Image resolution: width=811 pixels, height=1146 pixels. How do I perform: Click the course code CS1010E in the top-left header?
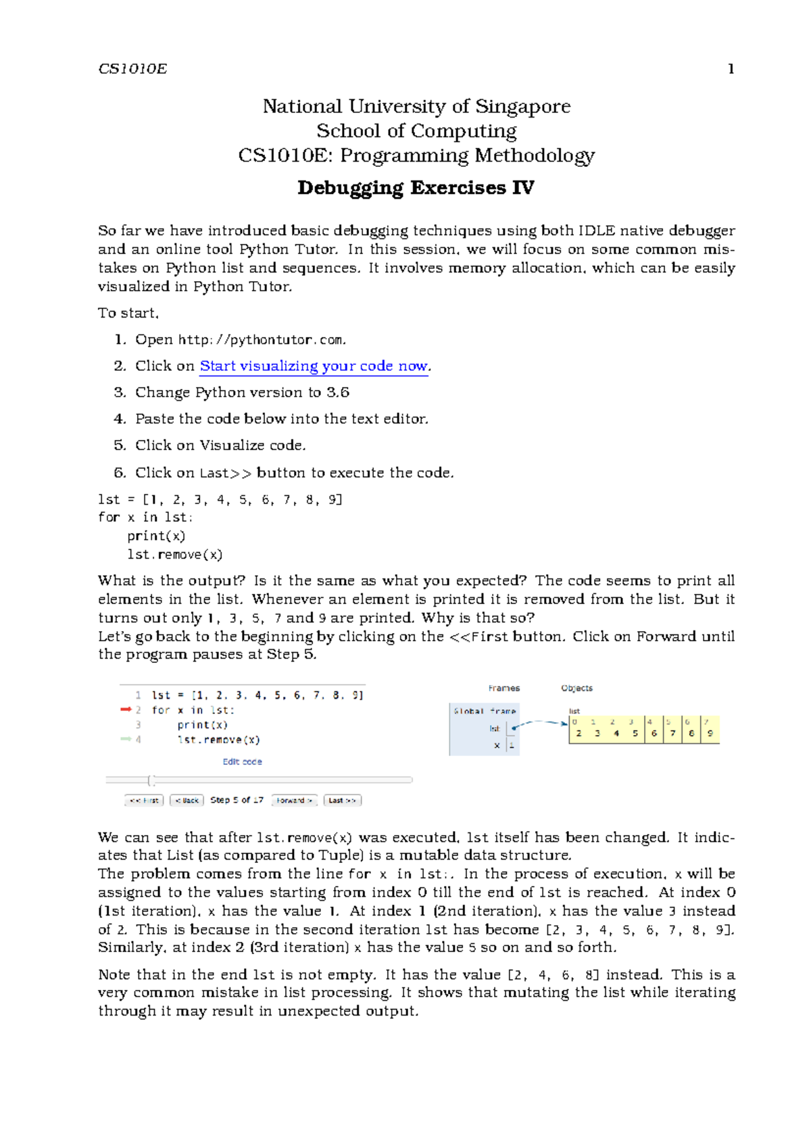(x=132, y=69)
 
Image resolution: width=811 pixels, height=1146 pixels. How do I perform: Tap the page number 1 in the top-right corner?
(x=731, y=69)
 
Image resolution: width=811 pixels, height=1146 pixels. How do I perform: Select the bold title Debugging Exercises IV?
(x=416, y=188)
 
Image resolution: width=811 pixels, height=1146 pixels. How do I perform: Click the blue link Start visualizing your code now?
(x=314, y=366)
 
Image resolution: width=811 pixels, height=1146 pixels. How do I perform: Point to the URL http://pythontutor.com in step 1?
(x=262, y=340)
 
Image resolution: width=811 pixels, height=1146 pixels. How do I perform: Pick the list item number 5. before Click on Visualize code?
(x=120, y=445)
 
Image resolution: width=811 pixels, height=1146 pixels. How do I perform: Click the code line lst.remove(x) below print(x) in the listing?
(x=174, y=555)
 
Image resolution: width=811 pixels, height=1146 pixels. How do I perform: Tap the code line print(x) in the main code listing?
(x=156, y=536)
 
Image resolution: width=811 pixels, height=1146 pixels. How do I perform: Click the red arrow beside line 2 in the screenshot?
(x=126, y=709)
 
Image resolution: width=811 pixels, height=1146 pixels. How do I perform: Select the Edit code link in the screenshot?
(x=242, y=762)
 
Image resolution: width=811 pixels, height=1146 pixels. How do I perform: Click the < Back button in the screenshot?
(x=187, y=800)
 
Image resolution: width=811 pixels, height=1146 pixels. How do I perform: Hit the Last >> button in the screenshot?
(x=342, y=800)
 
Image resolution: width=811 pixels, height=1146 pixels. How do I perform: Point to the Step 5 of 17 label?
(x=237, y=800)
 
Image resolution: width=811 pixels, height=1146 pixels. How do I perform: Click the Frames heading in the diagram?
(x=504, y=689)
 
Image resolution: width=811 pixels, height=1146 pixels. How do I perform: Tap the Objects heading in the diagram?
(x=576, y=689)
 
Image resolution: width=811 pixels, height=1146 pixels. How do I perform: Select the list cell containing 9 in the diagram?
(x=710, y=732)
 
